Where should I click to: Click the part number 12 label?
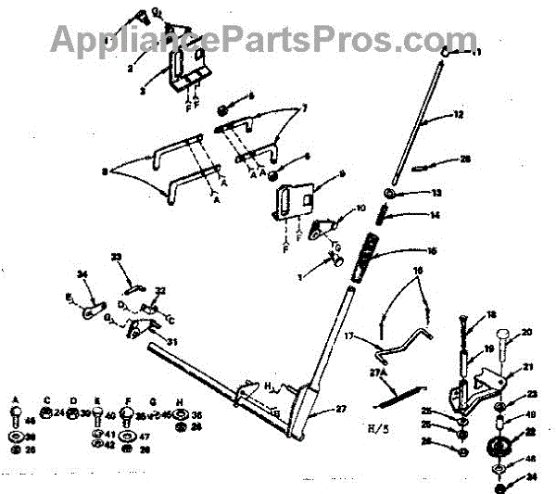458,116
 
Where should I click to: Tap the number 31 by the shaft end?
171,342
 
